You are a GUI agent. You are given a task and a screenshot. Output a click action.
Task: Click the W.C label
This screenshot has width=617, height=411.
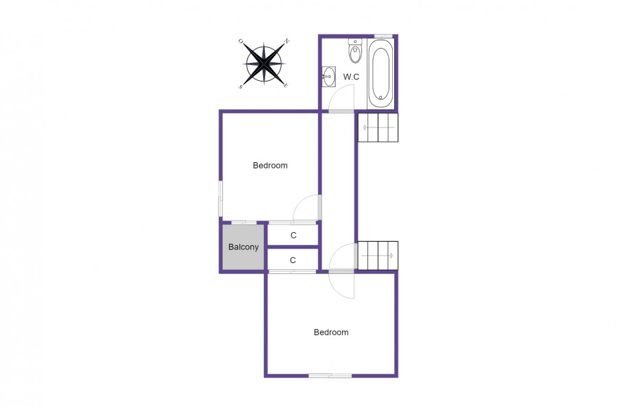pos(351,77)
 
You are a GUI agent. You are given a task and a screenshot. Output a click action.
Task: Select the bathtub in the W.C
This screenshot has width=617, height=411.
pos(380,73)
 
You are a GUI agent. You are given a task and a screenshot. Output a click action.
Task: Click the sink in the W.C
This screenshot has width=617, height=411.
pos(328,76)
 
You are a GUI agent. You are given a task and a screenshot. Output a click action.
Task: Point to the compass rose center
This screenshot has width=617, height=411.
pos(264,63)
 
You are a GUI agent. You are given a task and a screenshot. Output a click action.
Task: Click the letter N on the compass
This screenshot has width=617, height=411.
pos(287,41)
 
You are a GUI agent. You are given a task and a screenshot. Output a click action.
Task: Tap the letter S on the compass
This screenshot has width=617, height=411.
pos(240,86)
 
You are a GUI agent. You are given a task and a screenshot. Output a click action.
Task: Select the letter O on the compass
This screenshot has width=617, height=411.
pos(241,41)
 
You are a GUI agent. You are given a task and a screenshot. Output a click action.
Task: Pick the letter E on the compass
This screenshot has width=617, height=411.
pos(286,86)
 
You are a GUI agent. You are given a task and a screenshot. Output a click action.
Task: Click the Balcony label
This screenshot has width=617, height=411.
pos(243,247)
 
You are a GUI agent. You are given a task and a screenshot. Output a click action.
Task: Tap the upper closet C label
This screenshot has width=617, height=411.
pos(293,235)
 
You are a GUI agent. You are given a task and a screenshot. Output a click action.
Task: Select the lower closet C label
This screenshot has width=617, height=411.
pos(293,260)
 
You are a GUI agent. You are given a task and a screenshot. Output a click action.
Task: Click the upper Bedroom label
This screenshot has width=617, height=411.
pos(270,166)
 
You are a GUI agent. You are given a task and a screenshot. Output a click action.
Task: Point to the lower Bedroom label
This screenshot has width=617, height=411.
pos(331,332)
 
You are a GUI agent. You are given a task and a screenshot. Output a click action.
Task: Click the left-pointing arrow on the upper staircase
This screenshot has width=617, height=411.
pos(378,127)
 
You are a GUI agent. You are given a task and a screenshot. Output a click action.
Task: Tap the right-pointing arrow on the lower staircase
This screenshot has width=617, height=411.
pos(377,256)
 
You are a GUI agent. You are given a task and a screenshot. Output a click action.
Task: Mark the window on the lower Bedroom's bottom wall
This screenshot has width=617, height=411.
pos(330,376)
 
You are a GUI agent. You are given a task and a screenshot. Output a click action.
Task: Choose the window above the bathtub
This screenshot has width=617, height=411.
pos(383,36)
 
